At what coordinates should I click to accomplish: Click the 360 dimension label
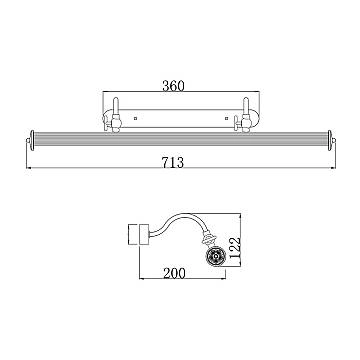coord(173,86)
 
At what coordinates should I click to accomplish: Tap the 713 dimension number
coord(173,163)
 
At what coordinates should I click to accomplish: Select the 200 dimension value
coord(174,273)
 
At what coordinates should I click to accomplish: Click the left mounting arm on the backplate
coord(116,114)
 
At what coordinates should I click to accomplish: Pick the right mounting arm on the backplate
coord(246,114)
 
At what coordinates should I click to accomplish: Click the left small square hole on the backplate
coord(135,118)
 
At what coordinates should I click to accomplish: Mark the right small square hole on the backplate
coord(227,118)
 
